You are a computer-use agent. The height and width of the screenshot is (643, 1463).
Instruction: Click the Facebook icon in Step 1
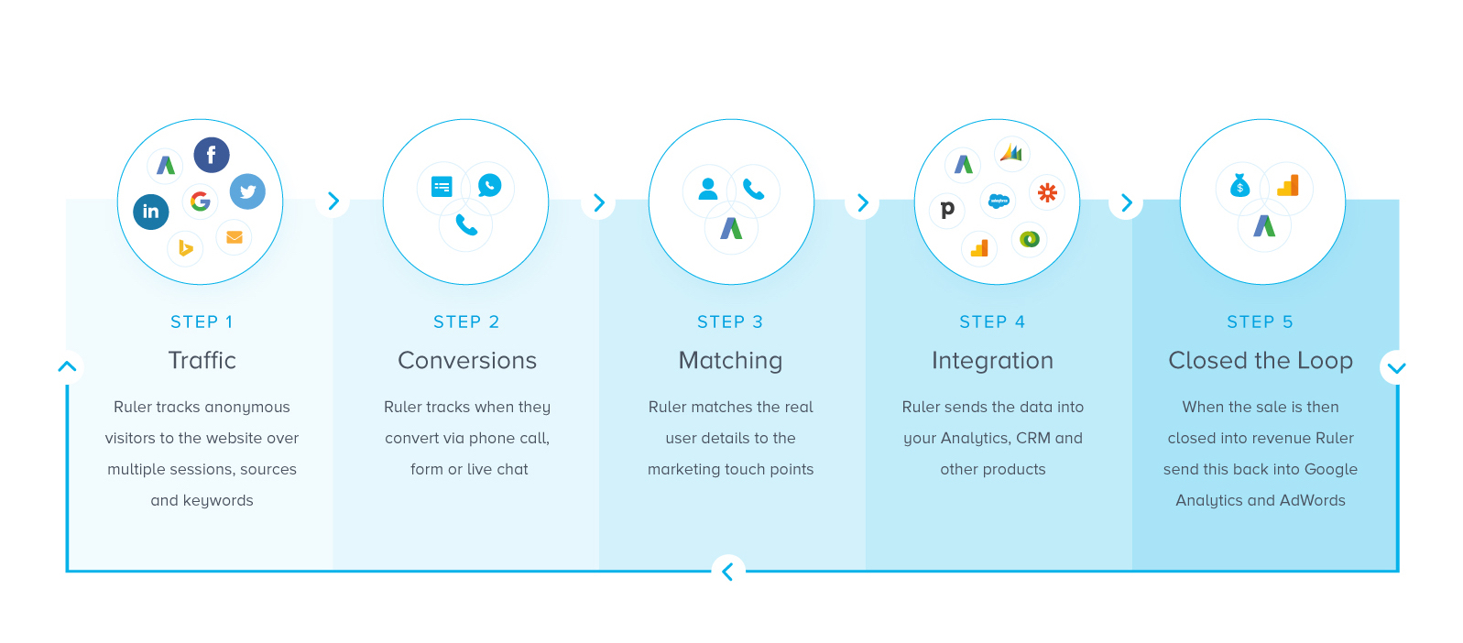pyautogui.click(x=212, y=155)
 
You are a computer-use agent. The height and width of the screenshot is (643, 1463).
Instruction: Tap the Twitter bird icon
pyautogui.click(x=247, y=191)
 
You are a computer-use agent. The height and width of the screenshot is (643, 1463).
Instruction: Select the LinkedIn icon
pyautogui.click(x=151, y=212)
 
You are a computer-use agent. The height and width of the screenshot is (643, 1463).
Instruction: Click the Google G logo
pyautogui.click(x=200, y=200)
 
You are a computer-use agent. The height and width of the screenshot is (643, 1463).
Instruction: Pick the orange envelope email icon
pyautogui.click(x=235, y=237)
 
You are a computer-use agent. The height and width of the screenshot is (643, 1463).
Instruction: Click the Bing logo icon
pyautogui.click(x=185, y=247)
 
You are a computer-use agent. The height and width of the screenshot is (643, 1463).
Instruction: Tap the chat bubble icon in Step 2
pyautogui.click(x=490, y=186)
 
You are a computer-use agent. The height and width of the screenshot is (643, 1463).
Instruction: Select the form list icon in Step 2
pyautogui.click(x=442, y=187)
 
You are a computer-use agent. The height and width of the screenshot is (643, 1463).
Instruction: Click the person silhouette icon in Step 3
pyautogui.click(x=708, y=189)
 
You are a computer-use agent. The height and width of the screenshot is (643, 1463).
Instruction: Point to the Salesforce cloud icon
pyautogui.click(x=999, y=201)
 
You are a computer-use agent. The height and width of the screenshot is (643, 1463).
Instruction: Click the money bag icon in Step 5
pyautogui.click(x=1239, y=186)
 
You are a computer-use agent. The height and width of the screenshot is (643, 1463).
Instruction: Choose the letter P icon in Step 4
pyautogui.click(x=947, y=209)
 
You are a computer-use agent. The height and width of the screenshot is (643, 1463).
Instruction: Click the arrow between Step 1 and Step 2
pyautogui.click(x=333, y=201)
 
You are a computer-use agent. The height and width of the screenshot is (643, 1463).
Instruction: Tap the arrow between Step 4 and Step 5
pyautogui.click(x=1127, y=202)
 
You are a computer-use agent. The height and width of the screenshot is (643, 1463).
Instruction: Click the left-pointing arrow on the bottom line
pyautogui.click(x=727, y=572)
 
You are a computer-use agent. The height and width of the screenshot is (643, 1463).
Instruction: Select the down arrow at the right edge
pyautogui.click(x=1396, y=368)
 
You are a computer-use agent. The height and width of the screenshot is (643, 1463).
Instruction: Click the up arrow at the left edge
pyautogui.click(x=67, y=366)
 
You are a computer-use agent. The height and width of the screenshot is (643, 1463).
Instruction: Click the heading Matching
pyautogui.click(x=730, y=361)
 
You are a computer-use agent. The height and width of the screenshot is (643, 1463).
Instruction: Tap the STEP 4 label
pyautogui.click(x=992, y=322)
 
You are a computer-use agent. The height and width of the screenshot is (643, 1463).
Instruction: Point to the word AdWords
pyautogui.click(x=1312, y=501)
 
